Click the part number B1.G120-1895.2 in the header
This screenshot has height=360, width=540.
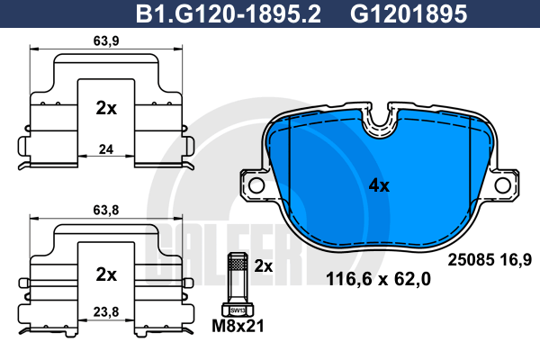(x=229, y=14)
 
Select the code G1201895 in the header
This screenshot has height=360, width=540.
(x=409, y=14)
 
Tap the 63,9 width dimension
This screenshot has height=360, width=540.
(x=106, y=41)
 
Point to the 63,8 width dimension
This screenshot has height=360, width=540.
(x=106, y=210)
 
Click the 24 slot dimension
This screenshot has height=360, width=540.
(x=106, y=149)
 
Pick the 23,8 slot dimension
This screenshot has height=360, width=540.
(x=106, y=311)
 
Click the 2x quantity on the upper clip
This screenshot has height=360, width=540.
(x=106, y=108)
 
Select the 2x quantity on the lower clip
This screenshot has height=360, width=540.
(x=106, y=274)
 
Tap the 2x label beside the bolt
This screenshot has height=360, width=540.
(x=264, y=266)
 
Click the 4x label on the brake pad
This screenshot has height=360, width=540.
(x=379, y=185)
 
